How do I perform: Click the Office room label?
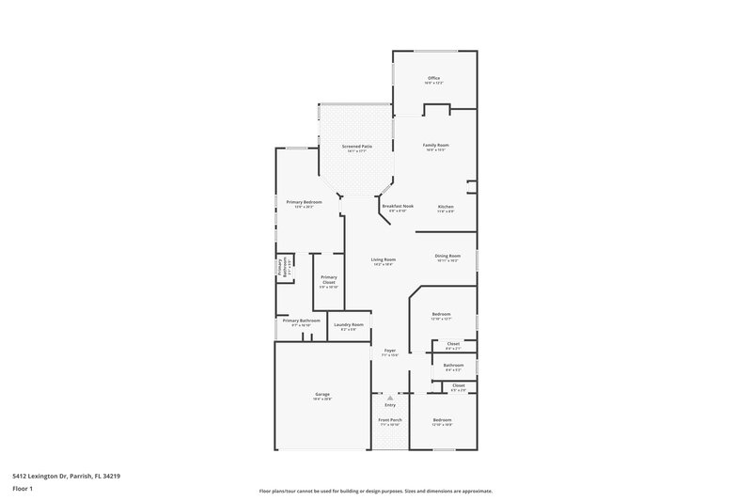[433, 78]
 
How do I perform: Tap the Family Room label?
[435, 145]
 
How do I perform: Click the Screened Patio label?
[356, 146]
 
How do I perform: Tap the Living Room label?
[383, 259]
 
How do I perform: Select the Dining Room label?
[447, 256]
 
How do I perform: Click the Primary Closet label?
[328, 277]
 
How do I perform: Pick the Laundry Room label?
[349, 324]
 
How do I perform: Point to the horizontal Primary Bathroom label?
[302, 321]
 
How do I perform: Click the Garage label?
[321, 394]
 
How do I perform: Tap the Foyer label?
[389, 351]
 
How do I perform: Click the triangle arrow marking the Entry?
[389, 398]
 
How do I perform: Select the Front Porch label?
[390, 419]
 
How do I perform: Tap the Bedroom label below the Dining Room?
[441, 314]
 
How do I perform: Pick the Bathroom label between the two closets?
[453, 365]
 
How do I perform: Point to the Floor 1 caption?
[23, 490]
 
